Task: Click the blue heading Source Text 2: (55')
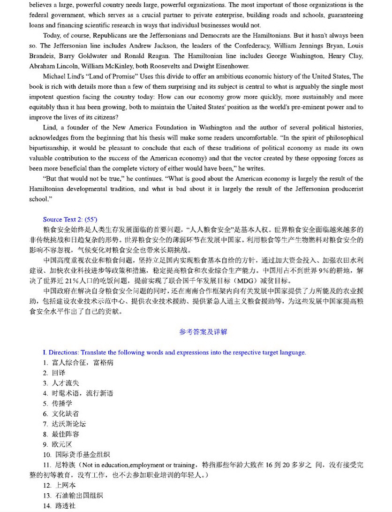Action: click(x=70, y=219)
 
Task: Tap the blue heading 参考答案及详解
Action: click(x=203, y=331)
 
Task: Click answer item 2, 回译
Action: click(x=59, y=373)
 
